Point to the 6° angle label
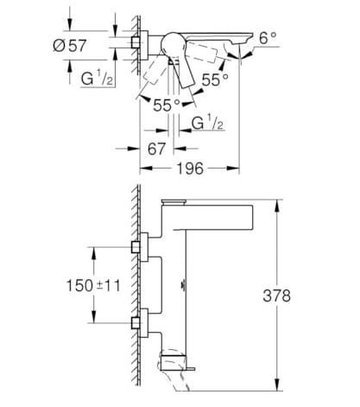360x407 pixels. click(268, 39)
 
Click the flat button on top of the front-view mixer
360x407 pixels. click(176, 201)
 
